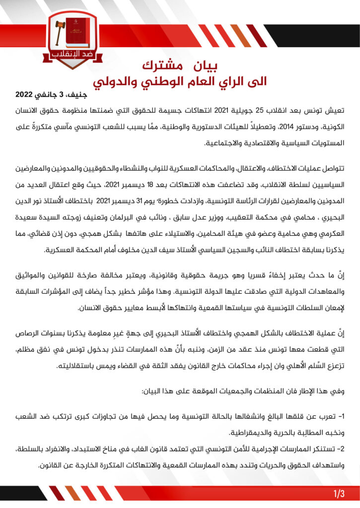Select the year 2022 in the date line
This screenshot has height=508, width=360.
click(x=25, y=94)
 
